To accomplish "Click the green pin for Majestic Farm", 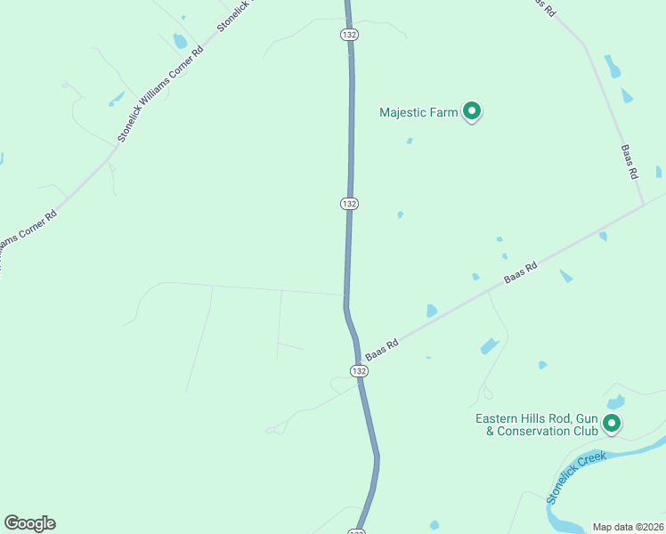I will pos(473,111).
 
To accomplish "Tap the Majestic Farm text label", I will pos(418,112).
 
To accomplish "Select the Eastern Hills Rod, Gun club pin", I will pos(612,424).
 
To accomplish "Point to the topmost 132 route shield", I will pos(349,34).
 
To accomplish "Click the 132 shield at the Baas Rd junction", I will pos(358,370).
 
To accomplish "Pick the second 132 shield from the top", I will pos(349,204).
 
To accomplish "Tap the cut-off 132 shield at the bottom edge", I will pos(356,531).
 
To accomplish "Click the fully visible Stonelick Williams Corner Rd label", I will pos(161,94).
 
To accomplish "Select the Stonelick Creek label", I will pos(577,477).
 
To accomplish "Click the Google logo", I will pos(29,523).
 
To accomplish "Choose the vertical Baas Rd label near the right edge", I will pos(629,162).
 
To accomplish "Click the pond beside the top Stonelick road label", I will pos(181,41).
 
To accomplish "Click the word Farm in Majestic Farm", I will pos(446,112).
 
